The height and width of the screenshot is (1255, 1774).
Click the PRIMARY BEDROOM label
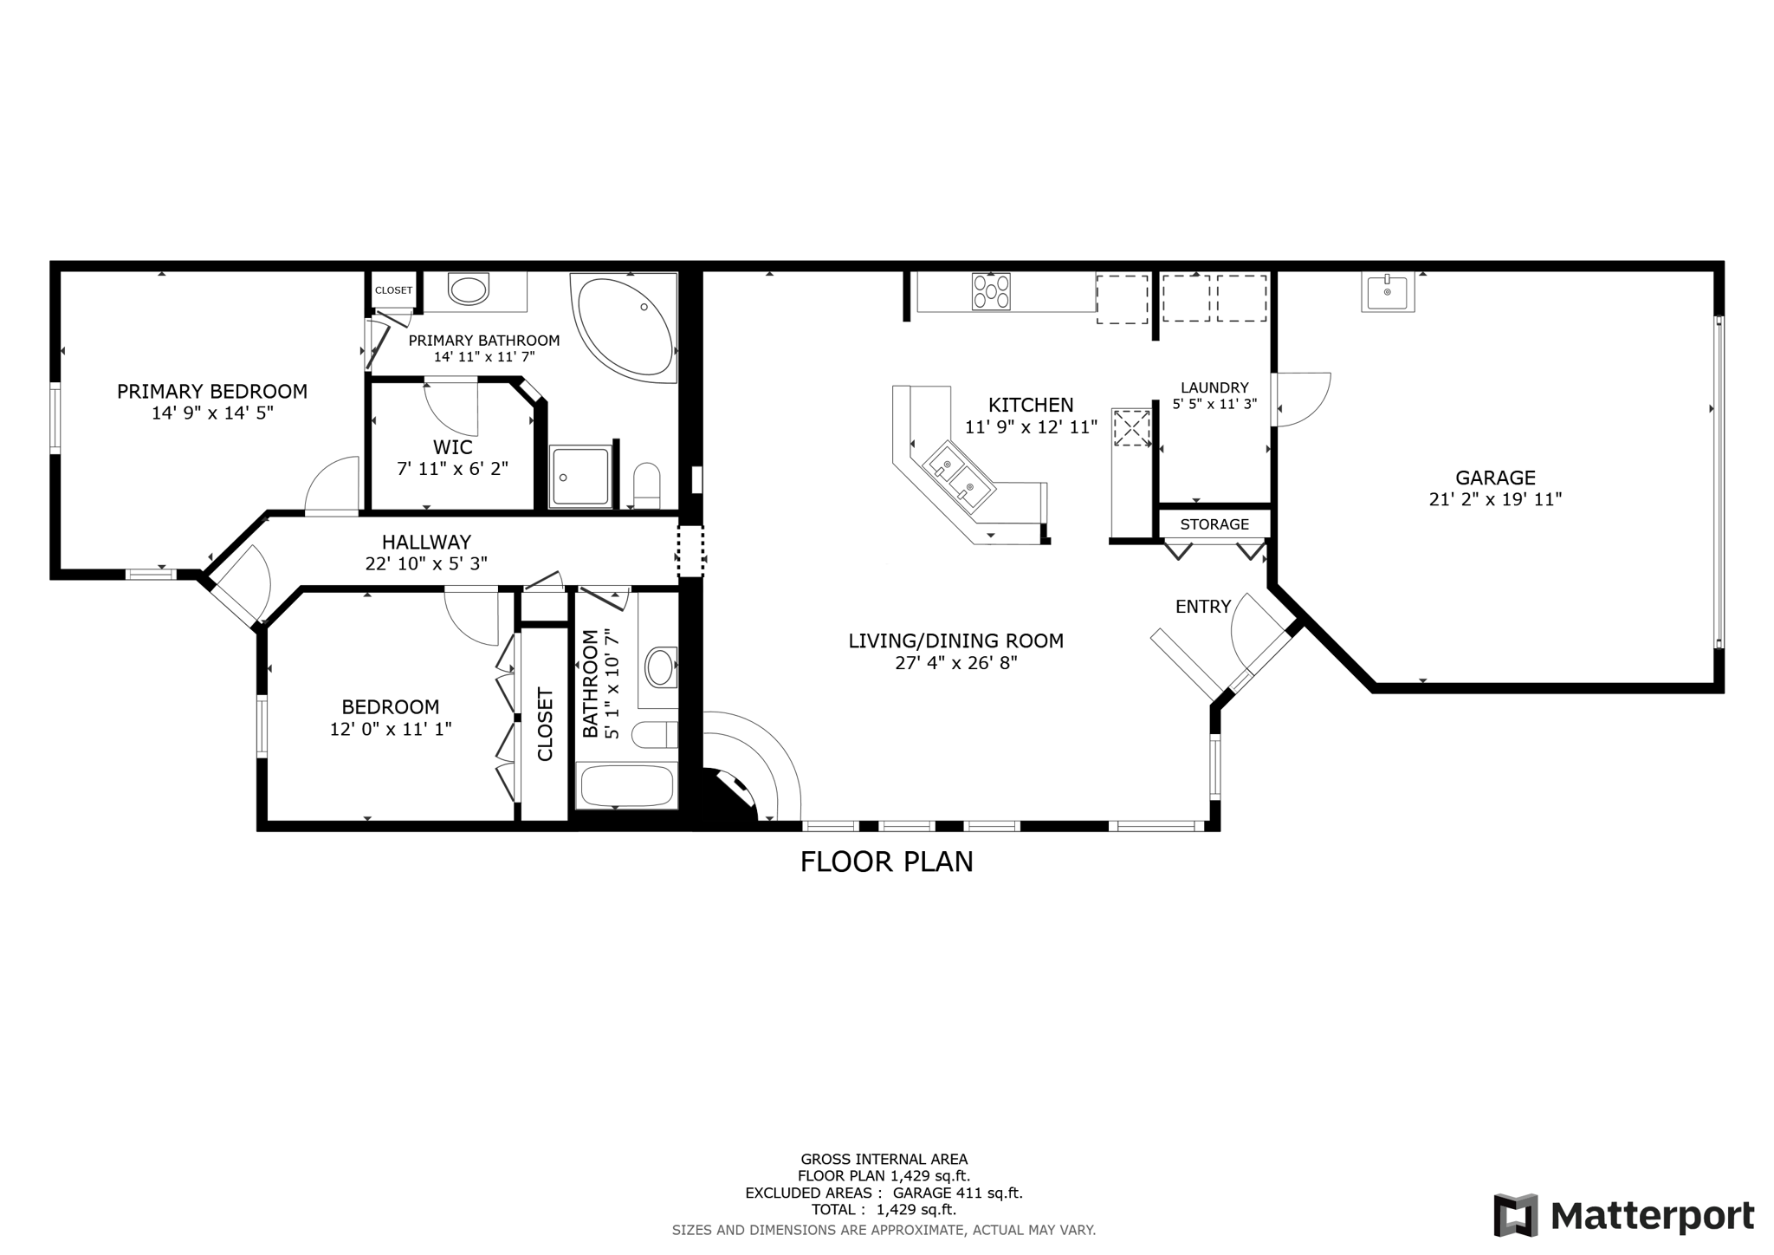click(212, 392)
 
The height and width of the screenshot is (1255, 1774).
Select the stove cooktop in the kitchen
click(991, 291)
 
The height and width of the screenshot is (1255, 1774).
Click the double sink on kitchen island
click(960, 477)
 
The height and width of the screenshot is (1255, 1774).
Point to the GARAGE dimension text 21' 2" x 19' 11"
click(1495, 499)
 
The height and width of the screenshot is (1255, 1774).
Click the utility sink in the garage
click(1388, 291)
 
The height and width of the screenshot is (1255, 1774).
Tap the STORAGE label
click(1214, 524)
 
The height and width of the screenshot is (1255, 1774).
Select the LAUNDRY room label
click(1214, 387)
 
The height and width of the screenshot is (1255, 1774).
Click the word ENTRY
click(1202, 607)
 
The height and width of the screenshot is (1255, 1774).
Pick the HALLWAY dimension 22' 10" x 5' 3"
click(426, 563)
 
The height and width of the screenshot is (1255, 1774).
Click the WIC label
click(452, 447)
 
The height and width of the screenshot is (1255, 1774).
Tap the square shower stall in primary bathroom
click(580, 476)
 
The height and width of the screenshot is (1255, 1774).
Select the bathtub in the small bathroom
click(625, 786)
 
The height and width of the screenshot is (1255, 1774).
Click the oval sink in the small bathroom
click(660, 667)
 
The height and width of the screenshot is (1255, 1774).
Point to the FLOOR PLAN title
click(886, 862)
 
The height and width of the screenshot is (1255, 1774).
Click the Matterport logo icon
click(1515, 1215)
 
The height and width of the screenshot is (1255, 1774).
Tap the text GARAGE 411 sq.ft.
click(958, 1193)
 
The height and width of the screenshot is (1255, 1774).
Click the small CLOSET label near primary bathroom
click(393, 290)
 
